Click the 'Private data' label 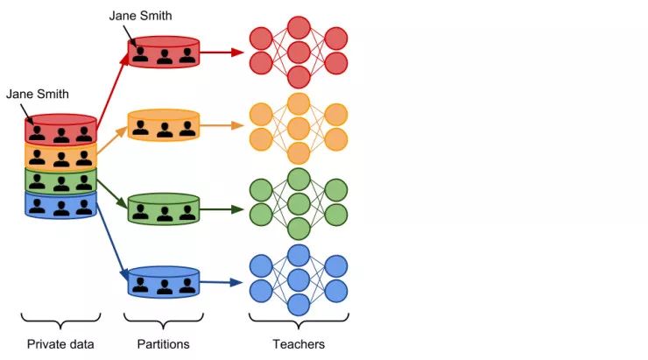click(60, 344)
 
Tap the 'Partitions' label click(165, 344)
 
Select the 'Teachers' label click(299, 344)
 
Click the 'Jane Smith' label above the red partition click(141, 16)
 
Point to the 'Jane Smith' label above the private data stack click(37, 94)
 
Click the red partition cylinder click(165, 53)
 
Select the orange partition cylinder click(165, 125)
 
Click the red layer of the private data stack click(60, 130)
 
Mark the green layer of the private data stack click(60, 180)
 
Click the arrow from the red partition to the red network click(222, 53)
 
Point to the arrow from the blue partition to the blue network click(222, 282)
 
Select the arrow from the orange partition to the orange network click(222, 125)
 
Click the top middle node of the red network click(299, 26)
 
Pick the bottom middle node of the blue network click(299, 305)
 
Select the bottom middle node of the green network click(299, 229)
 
